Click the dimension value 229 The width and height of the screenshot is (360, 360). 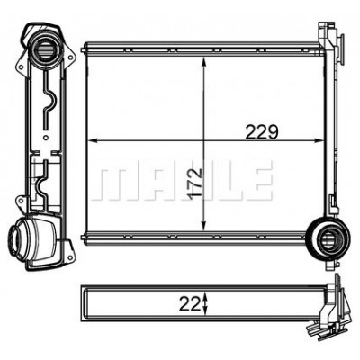click(x=262, y=132)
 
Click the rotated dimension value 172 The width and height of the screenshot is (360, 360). click(x=196, y=183)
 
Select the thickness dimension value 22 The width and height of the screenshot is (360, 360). click(x=190, y=306)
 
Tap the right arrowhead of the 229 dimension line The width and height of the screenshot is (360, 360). click(x=318, y=140)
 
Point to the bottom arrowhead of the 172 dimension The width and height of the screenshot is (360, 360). click(x=204, y=226)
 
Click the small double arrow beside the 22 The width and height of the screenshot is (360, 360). click(x=205, y=305)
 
